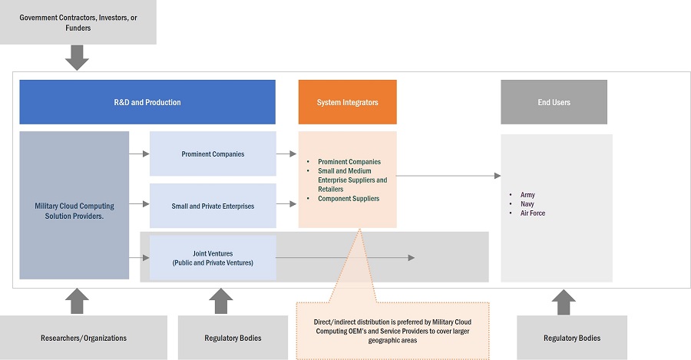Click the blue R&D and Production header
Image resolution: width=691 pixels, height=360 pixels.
click(147, 102)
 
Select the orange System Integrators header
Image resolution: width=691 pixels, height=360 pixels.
click(347, 102)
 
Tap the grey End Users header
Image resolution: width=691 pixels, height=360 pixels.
click(554, 102)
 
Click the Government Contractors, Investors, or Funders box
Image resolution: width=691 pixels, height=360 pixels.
click(77, 22)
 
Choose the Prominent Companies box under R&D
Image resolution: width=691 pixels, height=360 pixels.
click(213, 154)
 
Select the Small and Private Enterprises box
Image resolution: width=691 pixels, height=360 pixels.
click(213, 206)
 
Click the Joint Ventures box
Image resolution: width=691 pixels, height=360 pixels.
click(213, 257)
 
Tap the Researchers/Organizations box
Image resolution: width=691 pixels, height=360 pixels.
click(84, 338)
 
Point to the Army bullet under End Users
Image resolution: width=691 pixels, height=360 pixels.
click(527, 195)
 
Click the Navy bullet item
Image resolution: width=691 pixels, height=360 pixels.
click(527, 204)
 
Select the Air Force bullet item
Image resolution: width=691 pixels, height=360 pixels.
click(532, 213)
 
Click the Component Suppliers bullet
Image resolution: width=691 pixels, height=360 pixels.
click(348, 199)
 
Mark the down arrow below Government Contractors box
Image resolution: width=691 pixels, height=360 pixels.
click(77, 57)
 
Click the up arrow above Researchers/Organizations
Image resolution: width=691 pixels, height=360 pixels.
click(77, 301)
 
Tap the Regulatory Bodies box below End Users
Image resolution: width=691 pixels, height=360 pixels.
click(571, 338)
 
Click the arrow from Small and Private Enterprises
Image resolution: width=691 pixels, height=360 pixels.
click(286, 204)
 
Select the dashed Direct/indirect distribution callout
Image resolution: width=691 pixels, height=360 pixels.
click(392, 330)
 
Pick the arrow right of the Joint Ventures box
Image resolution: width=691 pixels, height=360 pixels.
click(345, 258)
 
